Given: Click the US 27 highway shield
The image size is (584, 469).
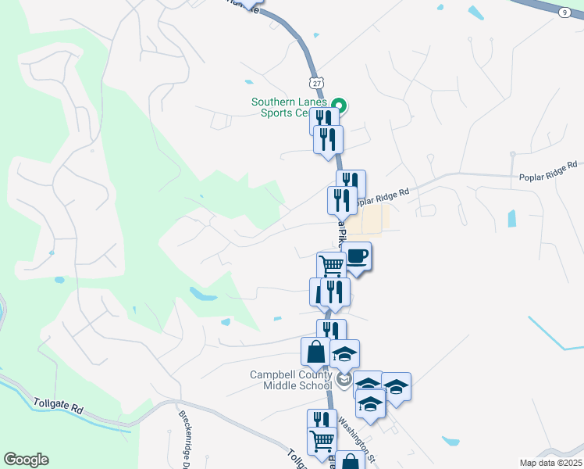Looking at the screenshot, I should coord(315,83).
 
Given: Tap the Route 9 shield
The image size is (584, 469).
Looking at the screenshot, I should coord(564,12).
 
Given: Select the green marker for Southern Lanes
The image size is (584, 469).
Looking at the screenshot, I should coord(339,105).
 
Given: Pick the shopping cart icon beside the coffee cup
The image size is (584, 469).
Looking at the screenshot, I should coord(332,266).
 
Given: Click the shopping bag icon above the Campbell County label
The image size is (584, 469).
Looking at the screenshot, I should coord(315,351).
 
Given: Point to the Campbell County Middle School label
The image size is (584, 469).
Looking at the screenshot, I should coord(292,380).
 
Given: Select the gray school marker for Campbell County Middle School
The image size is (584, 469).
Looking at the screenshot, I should coord(344,381).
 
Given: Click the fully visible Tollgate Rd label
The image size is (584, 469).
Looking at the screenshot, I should coord(59,405).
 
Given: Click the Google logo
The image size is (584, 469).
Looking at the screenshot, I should coord(26,460).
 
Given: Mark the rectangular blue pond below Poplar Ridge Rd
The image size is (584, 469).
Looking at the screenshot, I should coord(512,218).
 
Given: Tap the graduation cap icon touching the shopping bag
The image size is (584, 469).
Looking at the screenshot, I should coord(344,354).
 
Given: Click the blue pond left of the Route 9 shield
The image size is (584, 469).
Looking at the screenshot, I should coord(475,12).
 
